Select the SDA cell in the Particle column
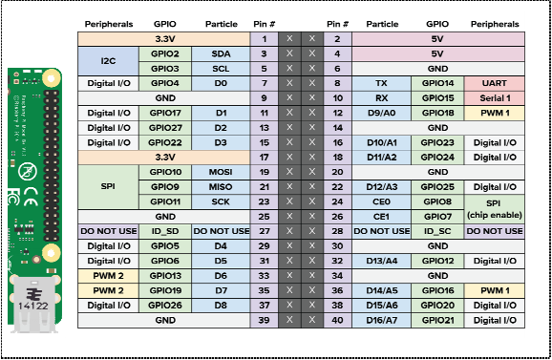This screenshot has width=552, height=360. [221, 53]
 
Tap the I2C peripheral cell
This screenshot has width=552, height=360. [108, 61]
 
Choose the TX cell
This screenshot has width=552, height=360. [382, 83]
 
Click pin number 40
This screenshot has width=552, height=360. [336, 320]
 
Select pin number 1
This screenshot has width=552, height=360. [264, 39]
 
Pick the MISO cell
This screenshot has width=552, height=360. [221, 186]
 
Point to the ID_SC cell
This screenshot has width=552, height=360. [437, 231]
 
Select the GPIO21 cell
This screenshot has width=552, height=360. [437, 320]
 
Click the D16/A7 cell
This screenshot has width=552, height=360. [382, 320]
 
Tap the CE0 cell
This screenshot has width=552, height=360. [382, 201]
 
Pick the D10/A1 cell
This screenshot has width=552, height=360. [382, 142]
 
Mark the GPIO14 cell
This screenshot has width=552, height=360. [437, 83]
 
